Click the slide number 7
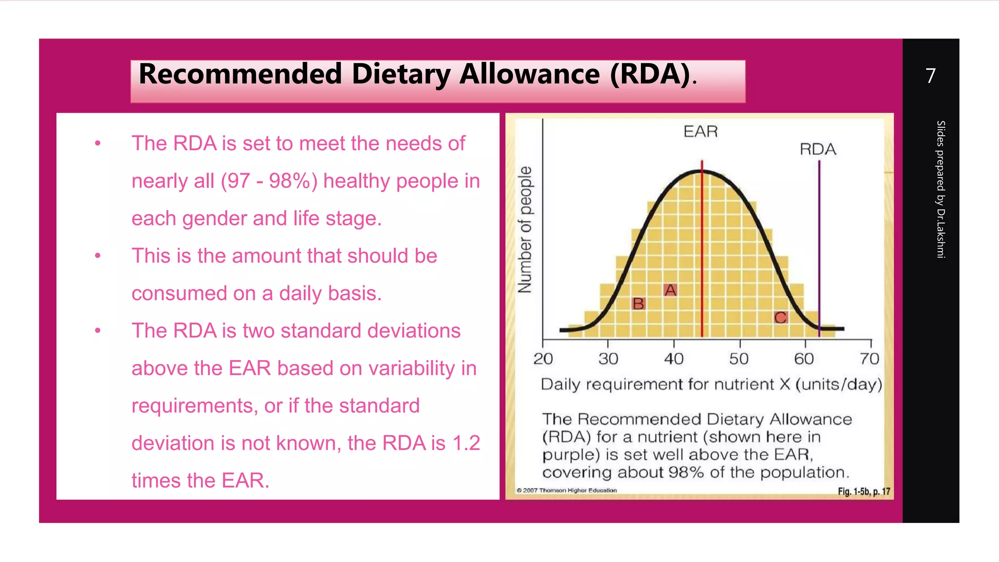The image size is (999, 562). click(930, 76)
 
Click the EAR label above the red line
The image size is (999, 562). click(700, 132)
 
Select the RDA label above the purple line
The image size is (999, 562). click(818, 149)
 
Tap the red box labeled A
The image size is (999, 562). click(671, 290)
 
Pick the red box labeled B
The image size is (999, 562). click(638, 304)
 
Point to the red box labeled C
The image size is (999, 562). click(780, 318)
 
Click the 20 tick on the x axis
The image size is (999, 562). click(543, 359)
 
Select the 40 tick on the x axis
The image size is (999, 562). click(674, 359)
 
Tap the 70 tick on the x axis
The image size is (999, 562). click(870, 359)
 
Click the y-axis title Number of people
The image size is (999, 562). click(525, 229)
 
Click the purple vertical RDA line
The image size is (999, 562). click(819, 244)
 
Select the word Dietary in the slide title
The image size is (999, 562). click(401, 74)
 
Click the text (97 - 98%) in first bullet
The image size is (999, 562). click(269, 181)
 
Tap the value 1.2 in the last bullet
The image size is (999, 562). click(466, 443)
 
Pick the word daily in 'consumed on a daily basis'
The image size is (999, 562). click(300, 294)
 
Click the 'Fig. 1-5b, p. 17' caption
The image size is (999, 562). click(864, 491)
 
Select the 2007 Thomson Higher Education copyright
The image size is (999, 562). click(567, 490)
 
